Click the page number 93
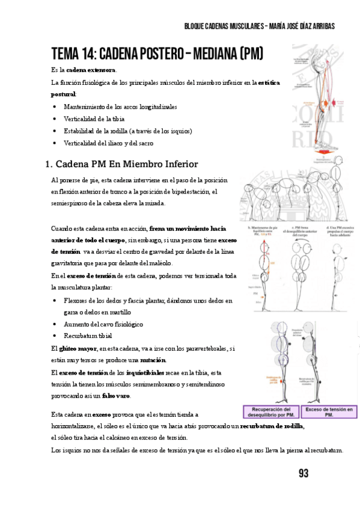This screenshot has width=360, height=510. tap(303, 474)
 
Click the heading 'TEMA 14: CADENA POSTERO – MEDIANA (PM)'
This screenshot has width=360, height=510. tap(157, 55)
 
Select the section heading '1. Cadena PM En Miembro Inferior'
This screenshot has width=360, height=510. tap(122, 164)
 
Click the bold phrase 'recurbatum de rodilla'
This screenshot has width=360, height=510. tap(272, 426)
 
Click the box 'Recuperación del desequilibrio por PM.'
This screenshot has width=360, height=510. tap(269, 411)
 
